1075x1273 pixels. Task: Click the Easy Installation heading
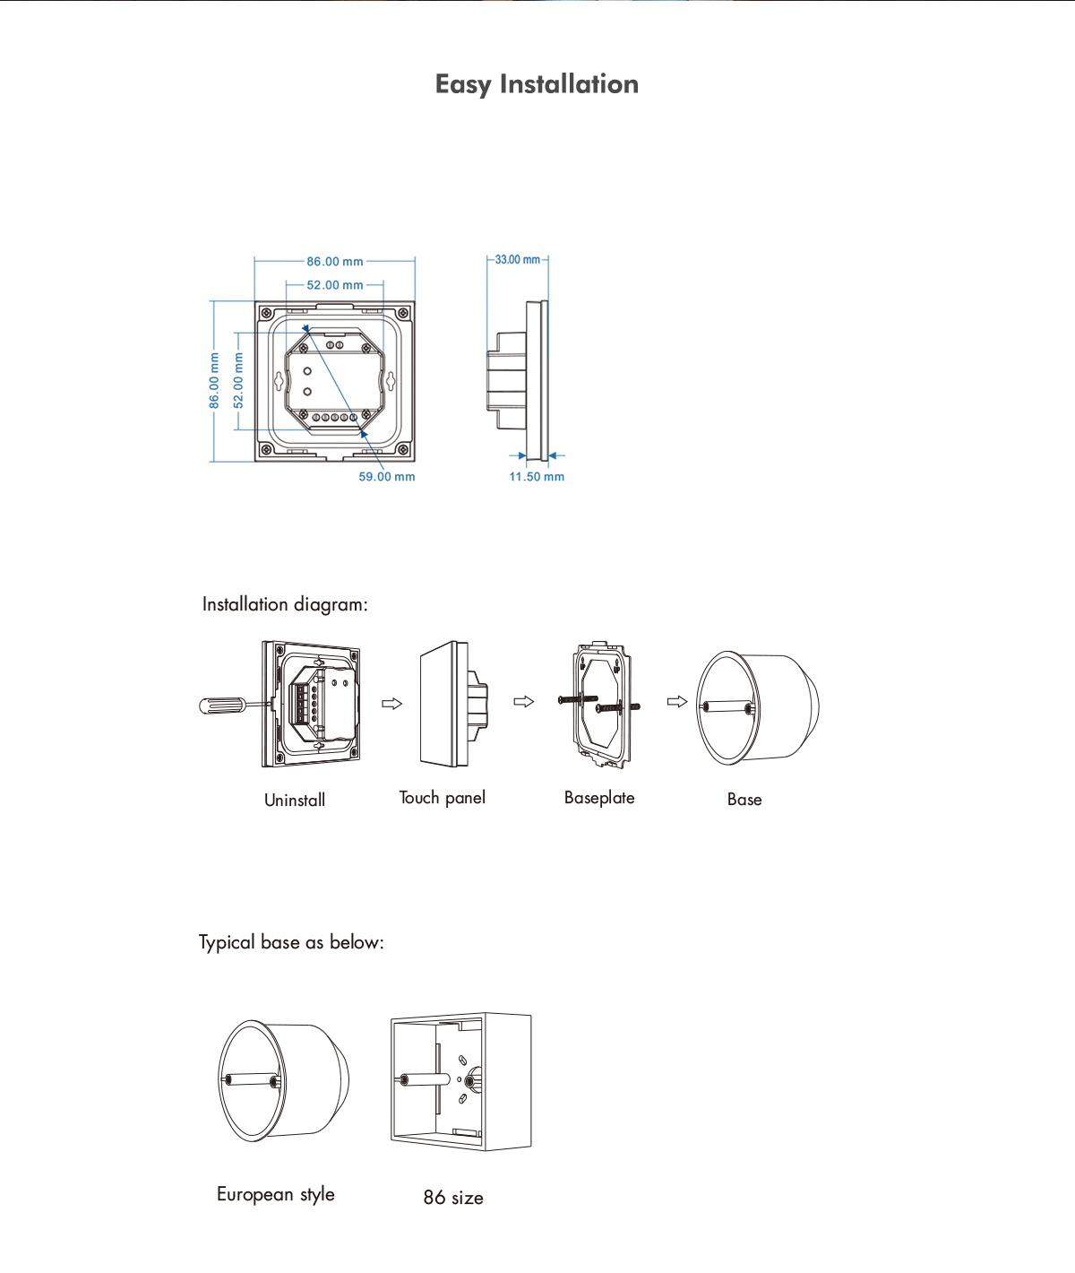(x=537, y=84)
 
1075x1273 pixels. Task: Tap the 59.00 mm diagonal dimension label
(x=387, y=476)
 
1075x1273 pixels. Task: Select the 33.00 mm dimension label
(x=518, y=260)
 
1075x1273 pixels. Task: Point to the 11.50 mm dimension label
(x=537, y=476)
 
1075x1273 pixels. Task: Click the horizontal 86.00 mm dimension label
(x=334, y=262)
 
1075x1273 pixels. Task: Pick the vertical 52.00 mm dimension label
(x=238, y=380)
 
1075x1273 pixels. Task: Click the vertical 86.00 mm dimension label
(x=214, y=380)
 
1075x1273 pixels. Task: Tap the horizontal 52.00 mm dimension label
(x=334, y=285)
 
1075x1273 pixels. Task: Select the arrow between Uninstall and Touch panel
(x=391, y=704)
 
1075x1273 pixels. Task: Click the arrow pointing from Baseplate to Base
(x=677, y=702)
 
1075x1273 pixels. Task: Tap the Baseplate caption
(x=599, y=798)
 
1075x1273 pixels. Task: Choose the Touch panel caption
(x=443, y=798)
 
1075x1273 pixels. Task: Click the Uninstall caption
(x=295, y=800)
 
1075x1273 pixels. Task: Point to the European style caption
(x=275, y=1194)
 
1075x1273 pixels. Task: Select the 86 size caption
(x=453, y=1198)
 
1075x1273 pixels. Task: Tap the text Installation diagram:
(x=285, y=604)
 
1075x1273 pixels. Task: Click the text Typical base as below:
(x=291, y=942)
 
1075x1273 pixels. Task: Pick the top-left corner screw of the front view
(x=266, y=314)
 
